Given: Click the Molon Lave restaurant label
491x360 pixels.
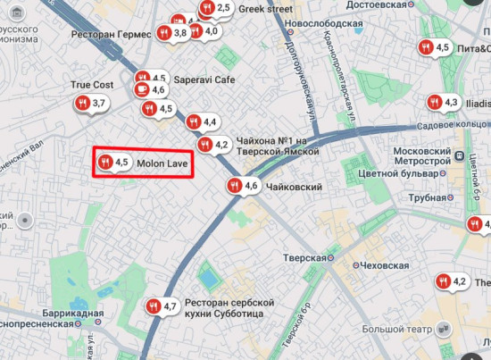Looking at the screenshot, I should point(162,163).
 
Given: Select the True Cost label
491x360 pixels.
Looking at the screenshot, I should point(92,85).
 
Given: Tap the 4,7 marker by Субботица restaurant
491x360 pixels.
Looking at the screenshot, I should point(162,306).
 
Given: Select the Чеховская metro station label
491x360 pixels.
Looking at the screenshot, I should point(384,265).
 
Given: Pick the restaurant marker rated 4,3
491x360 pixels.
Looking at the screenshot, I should point(443,103).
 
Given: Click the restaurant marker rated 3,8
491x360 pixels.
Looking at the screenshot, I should point(172,33).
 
